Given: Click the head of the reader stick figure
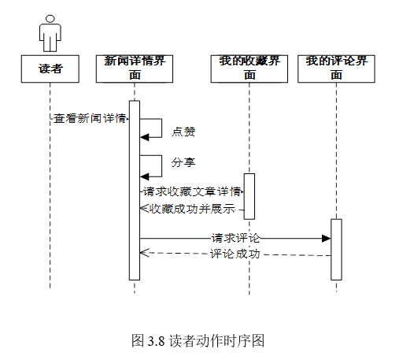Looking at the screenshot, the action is click(x=50, y=19).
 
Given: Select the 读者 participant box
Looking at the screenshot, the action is click(x=50, y=69).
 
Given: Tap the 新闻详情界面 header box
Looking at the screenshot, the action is click(x=135, y=69).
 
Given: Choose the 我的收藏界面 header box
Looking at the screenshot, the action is click(x=250, y=69).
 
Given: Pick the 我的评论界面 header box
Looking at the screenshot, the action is click(x=336, y=69).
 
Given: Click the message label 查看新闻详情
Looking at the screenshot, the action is click(x=90, y=118).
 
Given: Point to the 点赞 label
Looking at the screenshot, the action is click(x=183, y=132).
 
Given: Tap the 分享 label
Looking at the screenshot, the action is click(x=183, y=162).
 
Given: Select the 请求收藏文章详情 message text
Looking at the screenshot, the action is click(x=192, y=191).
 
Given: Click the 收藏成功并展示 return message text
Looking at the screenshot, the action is click(x=192, y=209).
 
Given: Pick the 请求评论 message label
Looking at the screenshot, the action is click(x=235, y=238).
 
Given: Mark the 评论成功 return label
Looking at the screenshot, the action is click(x=235, y=254).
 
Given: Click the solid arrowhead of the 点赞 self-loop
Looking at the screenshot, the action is click(x=144, y=137).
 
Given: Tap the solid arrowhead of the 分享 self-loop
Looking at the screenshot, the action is click(x=144, y=176).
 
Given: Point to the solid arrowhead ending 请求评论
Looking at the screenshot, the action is click(x=327, y=239).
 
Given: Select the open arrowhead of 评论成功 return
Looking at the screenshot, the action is click(x=144, y=253).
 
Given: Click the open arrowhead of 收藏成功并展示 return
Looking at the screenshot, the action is click(x=144, y=208).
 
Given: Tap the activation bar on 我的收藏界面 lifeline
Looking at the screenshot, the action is click(x=250, y=196).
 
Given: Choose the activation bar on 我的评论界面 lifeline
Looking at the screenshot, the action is click(x=336, y=250).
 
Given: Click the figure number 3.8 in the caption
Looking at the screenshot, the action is click(x=156, y=341).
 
